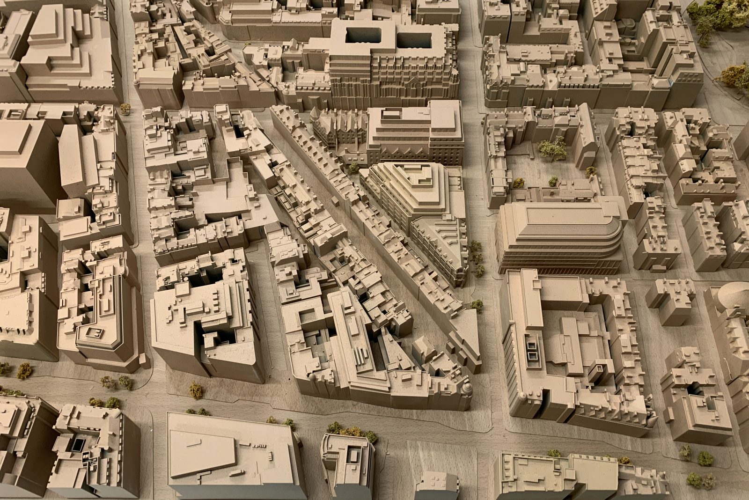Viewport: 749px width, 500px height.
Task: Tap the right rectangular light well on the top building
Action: point(414,37)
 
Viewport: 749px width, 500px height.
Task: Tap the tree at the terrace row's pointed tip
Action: point(477,305)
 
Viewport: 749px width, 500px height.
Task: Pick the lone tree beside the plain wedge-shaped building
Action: point(196,389)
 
